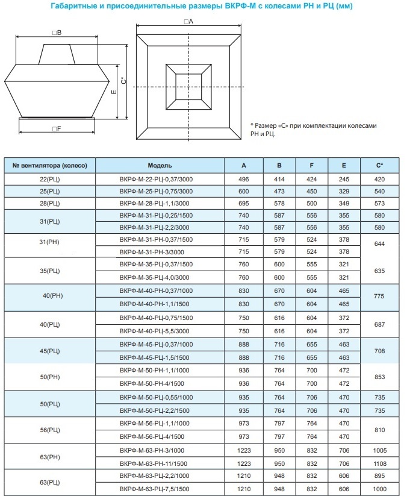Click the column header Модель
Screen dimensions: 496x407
[160, 165]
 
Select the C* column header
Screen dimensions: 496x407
[379, 165]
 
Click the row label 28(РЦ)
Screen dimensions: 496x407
[50, 204]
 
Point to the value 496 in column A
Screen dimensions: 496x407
[243, 179]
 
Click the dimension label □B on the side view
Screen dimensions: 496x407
[57, 33]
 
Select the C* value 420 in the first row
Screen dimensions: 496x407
[379, 179]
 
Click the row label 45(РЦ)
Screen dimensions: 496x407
[50, 350]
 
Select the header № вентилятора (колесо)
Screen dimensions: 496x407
[50, 165]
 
